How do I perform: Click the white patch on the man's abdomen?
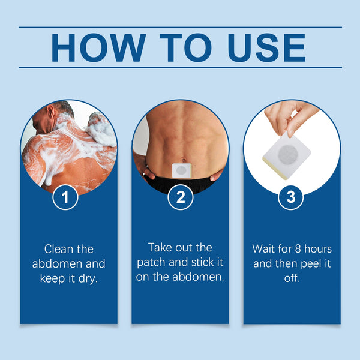point(181,170)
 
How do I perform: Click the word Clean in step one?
point(60,249)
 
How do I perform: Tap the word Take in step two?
point(161,247)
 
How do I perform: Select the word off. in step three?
point(292,278)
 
